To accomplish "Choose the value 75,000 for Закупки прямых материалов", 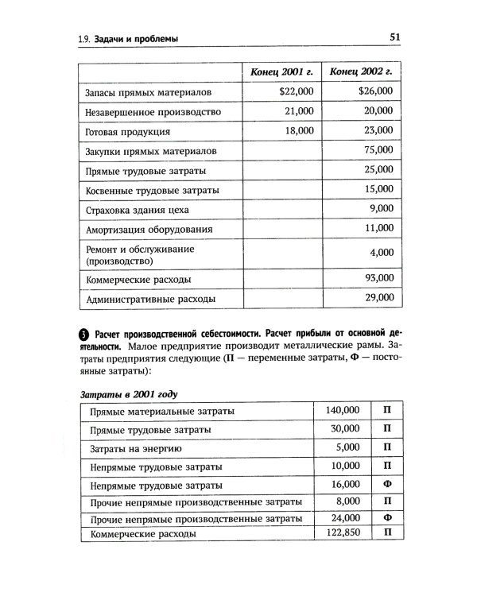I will coord(378,150).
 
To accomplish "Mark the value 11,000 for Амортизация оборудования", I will coord(378,228).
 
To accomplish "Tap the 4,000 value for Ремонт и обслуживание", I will coord(382,253).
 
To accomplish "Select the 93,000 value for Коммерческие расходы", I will coord(378,278).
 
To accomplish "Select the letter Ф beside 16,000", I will coord(387,483).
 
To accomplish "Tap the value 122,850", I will coord(343,534).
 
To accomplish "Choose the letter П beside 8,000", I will coord(387,501).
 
